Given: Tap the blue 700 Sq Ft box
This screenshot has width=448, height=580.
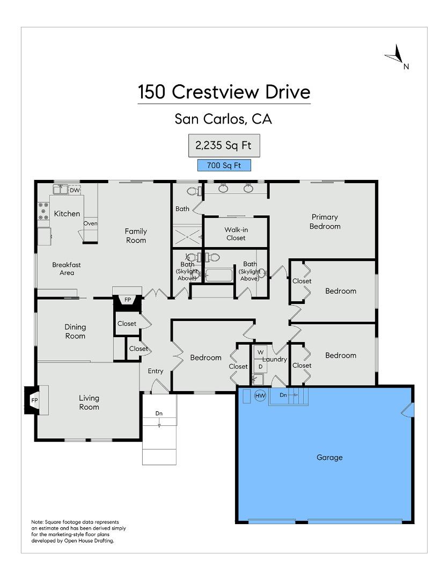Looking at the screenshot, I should point(224,165).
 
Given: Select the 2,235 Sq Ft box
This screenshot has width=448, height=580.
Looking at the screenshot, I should point(224,146).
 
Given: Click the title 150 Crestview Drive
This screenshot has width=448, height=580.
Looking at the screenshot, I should point(224,92).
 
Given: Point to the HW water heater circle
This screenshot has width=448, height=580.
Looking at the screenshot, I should point(260,396).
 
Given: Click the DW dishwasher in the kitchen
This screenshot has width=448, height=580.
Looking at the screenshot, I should point(75,190).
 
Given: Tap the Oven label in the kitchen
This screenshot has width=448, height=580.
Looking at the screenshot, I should point(90,223).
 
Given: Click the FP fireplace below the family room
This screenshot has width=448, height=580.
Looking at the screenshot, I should point(128,300).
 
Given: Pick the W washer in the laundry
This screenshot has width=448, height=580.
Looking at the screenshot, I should point(260,352).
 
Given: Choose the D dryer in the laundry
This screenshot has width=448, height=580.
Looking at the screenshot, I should point(260,366).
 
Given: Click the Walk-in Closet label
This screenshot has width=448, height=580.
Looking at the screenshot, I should point(236,234).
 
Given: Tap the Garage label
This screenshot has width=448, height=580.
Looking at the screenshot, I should point(329,458).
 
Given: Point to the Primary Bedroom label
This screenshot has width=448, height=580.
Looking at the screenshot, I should point(325,221).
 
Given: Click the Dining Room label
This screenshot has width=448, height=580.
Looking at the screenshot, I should point(75,331).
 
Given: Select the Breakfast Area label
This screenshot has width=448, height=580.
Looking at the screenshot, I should point(67,269).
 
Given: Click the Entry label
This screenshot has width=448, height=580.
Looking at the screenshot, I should point(156,371).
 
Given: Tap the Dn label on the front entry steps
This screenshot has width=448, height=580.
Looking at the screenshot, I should point(159,414).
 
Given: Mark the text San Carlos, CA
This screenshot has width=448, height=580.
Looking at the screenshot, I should point(224,119).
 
